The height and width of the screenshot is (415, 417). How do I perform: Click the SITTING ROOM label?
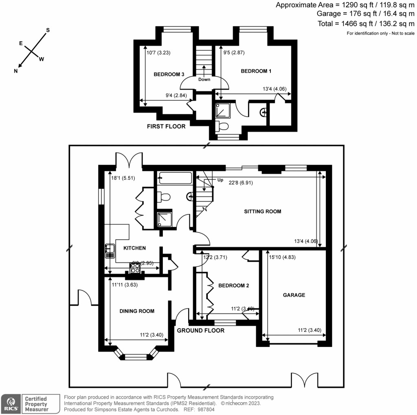[262, 212]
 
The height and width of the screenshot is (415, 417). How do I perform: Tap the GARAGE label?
[294, 295]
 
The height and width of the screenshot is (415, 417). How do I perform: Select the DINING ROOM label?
[137, 311]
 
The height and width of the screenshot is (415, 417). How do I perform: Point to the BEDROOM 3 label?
[169, 74]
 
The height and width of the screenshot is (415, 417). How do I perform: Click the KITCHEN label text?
[134, 248]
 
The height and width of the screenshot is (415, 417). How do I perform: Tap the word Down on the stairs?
[204, 79]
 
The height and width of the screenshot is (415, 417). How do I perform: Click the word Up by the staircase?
[221, 180]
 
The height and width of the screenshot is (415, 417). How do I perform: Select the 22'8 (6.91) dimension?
[240, 183]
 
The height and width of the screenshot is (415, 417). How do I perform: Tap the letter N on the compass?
[16, 71]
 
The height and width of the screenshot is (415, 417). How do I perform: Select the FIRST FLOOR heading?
[166, 126]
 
